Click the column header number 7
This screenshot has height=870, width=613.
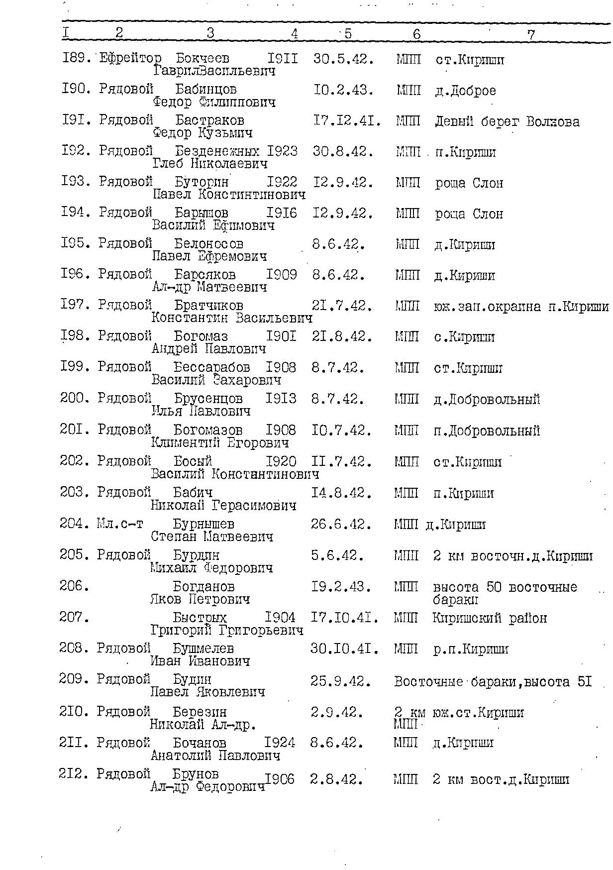[x=531, y=34]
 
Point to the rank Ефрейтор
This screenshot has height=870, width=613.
[x=130, y=59]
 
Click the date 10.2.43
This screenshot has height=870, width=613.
[x=343, y=90]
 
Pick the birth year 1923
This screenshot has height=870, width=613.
[x=282, y=151]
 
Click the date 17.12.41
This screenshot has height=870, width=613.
[x=347, y=121]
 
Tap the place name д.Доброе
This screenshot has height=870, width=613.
[x=465, y=91]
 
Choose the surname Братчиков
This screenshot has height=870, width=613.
[x=208, y=305]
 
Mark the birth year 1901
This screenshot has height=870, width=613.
[x=281, y=336]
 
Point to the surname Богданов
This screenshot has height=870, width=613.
[x=204, y=586]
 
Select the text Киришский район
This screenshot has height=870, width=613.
[x=490, y=618]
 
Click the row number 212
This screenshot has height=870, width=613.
[x=75, y=774]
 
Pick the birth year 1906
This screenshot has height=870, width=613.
[x=280, y=779]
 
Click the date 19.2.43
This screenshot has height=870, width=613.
[x=341, y=587]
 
